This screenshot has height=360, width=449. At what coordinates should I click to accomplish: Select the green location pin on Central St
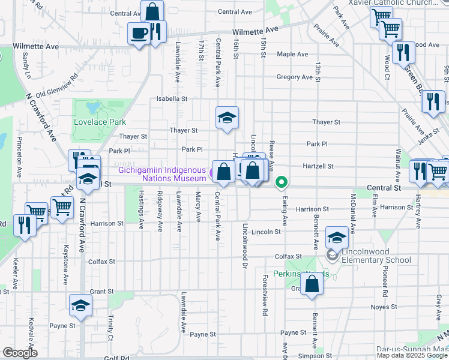pyautogui.click(x=280, y=181)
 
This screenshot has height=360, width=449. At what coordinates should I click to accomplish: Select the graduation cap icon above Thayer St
pyautogui.click(x=227, y=118)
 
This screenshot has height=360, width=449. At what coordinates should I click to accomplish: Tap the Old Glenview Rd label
pyautogui.click(x=58, y=86)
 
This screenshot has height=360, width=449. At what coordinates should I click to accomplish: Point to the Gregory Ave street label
pyautogui.click(x=295, y=77)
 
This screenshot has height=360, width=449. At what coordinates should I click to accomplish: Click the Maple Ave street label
pyautogui.click(x=293, y=54)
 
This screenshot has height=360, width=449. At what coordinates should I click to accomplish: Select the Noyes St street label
pyautogui.click(x=383, y=307)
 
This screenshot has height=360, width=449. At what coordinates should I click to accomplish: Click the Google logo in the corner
pyautogui.click(x=20, y=353)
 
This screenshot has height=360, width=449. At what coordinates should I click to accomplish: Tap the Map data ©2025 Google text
pyautogui.click(x=412, y=355)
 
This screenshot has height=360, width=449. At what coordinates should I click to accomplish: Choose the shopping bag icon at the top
pyautogui.click(x=152, y=11)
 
